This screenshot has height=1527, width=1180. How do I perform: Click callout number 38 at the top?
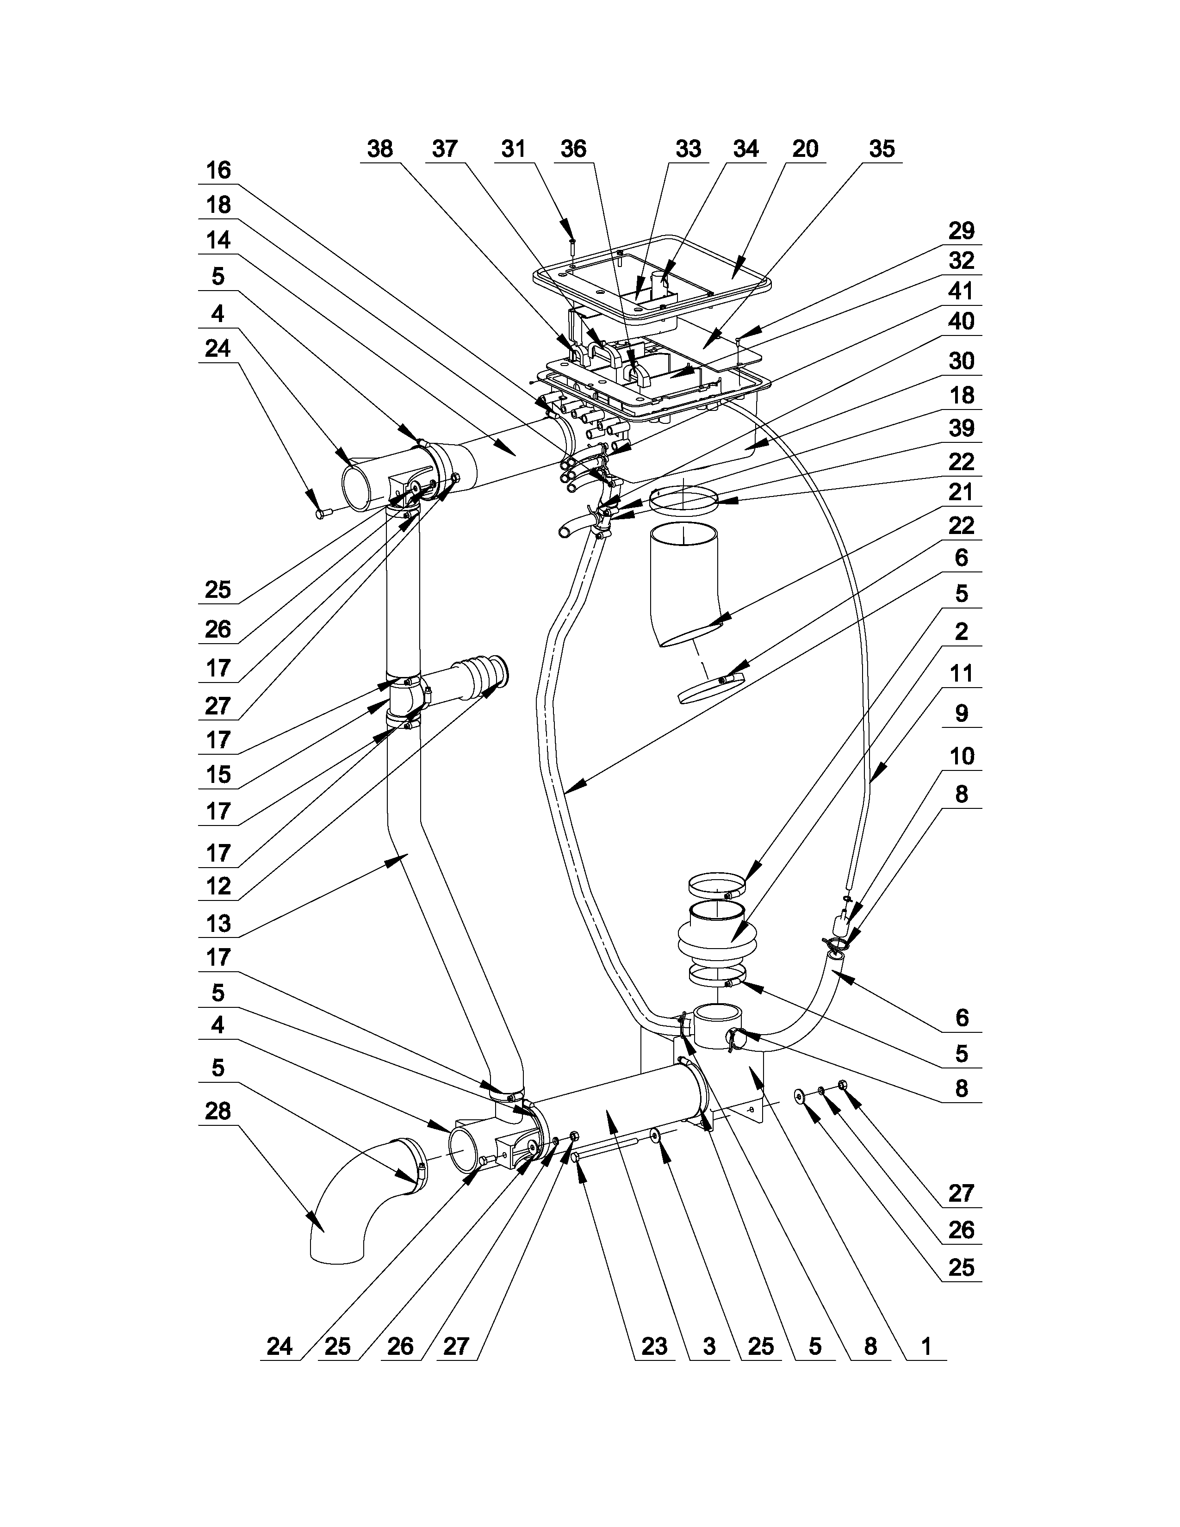click(379, 149)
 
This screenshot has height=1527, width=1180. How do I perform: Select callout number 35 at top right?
click(882, 149)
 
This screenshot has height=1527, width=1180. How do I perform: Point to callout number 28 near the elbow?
click(218, 1111)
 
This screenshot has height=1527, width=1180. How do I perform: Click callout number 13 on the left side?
click(218, 924)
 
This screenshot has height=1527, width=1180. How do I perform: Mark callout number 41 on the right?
click(961, 292)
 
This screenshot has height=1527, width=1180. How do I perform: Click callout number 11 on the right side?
click(961, 674)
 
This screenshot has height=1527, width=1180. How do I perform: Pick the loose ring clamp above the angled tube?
click(683, 500)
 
